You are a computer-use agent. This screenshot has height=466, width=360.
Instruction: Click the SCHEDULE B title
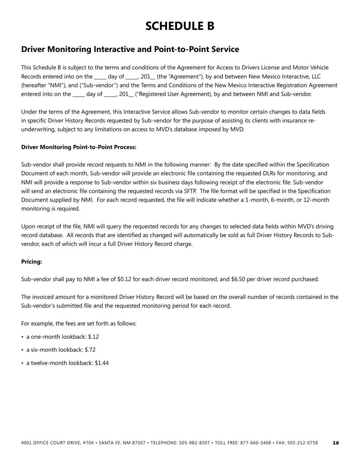tap(180, 26)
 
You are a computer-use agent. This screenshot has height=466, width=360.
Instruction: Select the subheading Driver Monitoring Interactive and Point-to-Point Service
tap(130, 49)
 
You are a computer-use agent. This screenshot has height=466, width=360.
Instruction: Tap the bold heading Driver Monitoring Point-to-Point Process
tap(79, 147)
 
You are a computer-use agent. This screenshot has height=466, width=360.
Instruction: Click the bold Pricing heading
tap(31, 261)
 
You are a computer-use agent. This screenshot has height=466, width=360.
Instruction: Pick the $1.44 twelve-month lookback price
tap(101, 363)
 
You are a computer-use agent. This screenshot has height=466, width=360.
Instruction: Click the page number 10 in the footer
tap(336, 443)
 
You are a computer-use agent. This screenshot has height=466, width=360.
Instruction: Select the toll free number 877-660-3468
tap(256, 443)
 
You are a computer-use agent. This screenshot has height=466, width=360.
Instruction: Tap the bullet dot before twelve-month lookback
tap(23, 363)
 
